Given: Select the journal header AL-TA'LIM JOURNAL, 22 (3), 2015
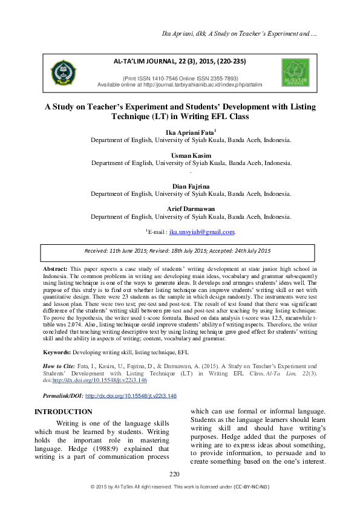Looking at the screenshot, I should [x=180, y=62].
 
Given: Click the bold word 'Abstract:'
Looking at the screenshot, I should [x=55, y=267].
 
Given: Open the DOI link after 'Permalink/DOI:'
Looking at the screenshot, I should [x=131, y=395].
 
